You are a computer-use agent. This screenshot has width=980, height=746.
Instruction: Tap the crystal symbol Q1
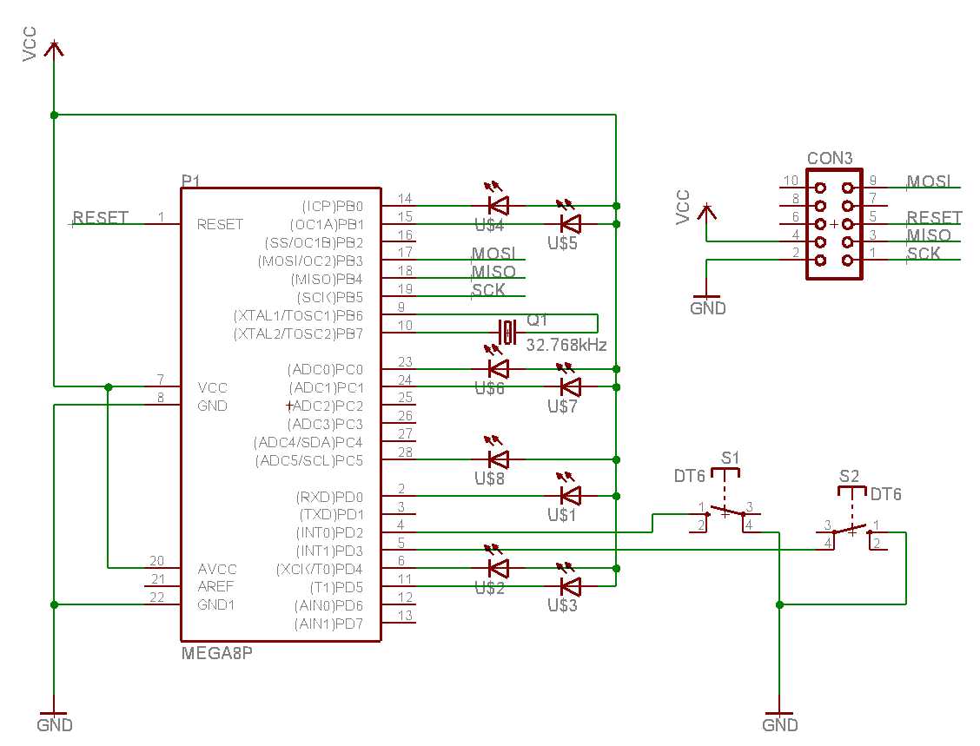tap(507, 332)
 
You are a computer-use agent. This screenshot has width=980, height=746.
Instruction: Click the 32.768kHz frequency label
tap(566, 345)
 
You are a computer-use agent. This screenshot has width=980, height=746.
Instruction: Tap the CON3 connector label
tap(830, 158)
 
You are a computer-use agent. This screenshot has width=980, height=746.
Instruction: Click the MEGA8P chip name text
tap(217, 654)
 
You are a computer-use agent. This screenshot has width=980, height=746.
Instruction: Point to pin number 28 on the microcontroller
tap(405, 452)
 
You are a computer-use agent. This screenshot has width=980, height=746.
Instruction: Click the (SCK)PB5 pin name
tap(329, 297)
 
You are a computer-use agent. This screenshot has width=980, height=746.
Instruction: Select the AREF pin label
tap(215, 587)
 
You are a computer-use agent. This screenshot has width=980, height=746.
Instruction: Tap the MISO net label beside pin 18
tap(493, 272)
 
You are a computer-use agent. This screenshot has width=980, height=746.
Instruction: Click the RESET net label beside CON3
tap(934, 217)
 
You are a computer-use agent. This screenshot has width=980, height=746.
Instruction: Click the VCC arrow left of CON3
tap(706, 215)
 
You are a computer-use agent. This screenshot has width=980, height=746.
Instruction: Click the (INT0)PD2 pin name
tap(329, 533)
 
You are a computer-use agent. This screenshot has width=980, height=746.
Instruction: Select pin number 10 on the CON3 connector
tap(791, 181)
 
